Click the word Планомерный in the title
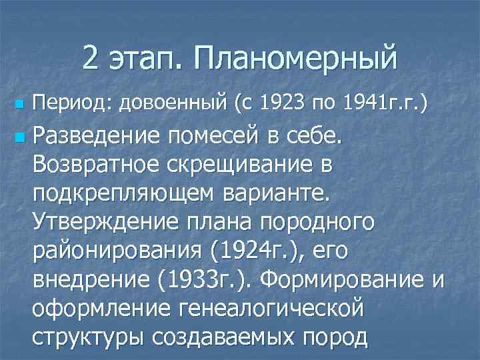[295, 58]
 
